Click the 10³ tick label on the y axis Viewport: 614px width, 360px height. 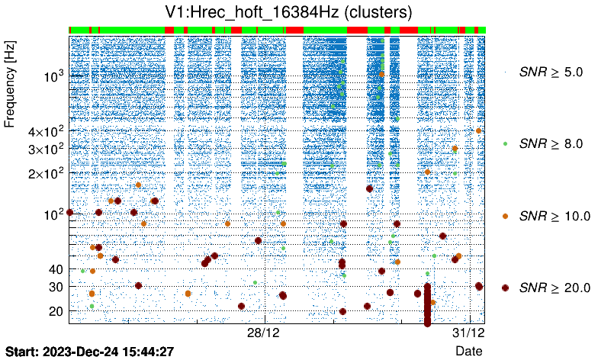(x=53, y=76)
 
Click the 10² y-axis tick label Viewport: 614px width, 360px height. (x=53, y=213)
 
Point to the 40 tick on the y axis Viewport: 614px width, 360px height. (x=56, y=268)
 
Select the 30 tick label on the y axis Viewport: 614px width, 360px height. (x=56, y=286)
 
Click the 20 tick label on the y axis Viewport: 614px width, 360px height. (x=56, y=310)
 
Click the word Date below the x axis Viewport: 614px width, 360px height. (x=469, y=350)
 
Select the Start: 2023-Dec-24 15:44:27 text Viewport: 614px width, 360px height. (x=90, y=351)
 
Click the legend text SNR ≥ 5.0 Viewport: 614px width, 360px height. (x=551, y=72)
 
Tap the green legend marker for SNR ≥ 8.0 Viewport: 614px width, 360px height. (x=506, y=143)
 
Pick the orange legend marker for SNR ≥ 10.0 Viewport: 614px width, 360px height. (x=506, y=216)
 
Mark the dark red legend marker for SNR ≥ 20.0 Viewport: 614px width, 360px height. (x=506, y=288)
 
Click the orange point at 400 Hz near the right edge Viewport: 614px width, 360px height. (x=478, y=130)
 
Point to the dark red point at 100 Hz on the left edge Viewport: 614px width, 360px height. (x=70, y=212)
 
